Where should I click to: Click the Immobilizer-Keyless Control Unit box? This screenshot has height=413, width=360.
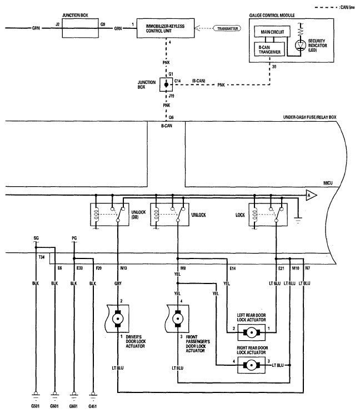coord(166,28)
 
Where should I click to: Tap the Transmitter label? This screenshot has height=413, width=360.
coord(227,28)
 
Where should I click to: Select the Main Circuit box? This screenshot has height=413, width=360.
coord(272,32)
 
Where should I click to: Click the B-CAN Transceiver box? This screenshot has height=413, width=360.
coord(269,49)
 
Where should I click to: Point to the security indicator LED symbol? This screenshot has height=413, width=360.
coord(300,46)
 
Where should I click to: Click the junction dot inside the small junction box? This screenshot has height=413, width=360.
coord(166,85)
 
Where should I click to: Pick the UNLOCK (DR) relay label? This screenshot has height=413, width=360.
coord(138,215)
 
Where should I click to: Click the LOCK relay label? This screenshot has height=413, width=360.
coord(240,215)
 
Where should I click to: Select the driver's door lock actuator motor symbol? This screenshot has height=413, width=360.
coord(118,319)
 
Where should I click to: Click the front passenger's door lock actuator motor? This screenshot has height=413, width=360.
coord(178,319)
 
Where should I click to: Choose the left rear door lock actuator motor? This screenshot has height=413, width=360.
coord(252,332)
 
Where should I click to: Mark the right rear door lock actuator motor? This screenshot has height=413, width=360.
coord(252,365)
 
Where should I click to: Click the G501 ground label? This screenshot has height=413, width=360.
coord(35,406)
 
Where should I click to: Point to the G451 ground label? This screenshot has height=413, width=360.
coord(92,406)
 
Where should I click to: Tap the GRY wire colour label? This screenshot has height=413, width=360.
coord(118,283)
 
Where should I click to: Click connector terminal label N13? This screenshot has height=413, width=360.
coord(123,268)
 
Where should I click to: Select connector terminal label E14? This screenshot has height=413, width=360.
coord(233,268)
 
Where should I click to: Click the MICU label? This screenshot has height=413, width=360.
coord(328,183)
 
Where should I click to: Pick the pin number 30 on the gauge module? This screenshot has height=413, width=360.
coord(274,67)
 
